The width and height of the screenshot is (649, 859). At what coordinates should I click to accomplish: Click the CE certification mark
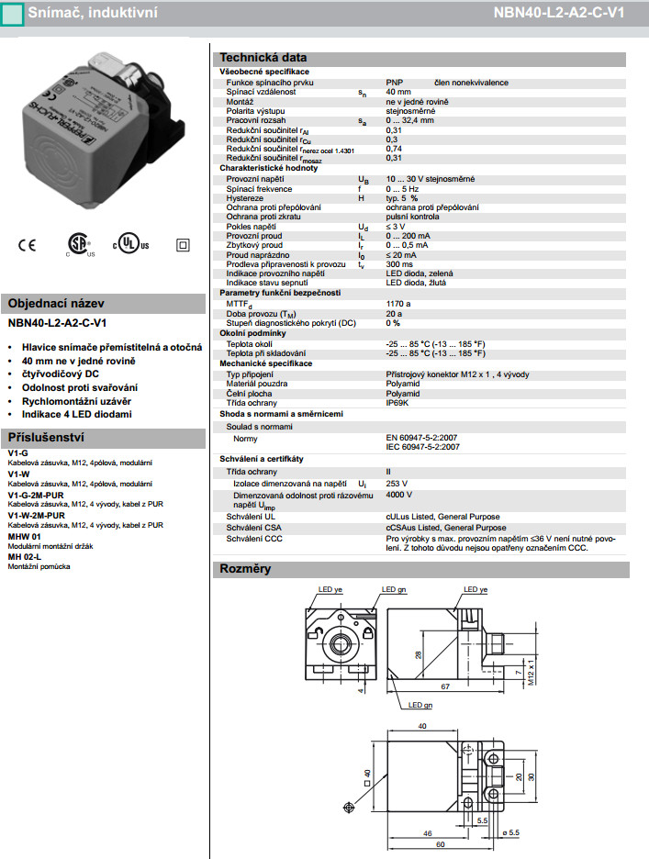[26, 245]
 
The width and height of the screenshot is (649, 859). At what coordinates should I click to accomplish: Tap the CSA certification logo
[77, 244]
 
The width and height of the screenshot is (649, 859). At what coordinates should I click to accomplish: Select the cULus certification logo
[129, 245]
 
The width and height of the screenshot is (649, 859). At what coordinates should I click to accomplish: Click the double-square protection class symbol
[182, 245]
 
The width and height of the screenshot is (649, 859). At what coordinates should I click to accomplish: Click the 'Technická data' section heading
[256, 58]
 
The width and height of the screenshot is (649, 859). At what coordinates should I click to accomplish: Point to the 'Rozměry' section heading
[245, 569]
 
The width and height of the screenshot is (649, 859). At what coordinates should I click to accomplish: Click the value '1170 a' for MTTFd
[398, 303]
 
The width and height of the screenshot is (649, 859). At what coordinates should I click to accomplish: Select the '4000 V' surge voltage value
[399, 495]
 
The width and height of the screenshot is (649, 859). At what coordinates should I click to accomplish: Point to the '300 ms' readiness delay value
[399, 263]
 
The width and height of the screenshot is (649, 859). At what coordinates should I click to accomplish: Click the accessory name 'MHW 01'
[24, 535]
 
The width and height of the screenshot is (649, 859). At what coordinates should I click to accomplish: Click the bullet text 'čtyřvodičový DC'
[61, 374]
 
